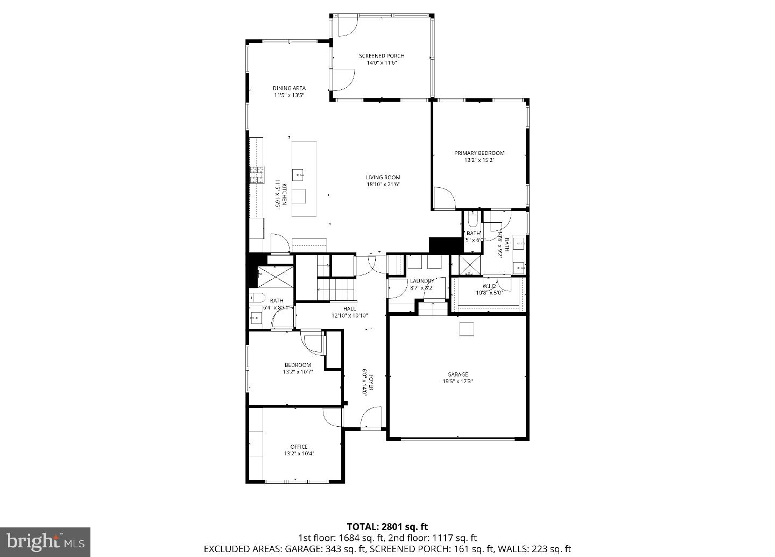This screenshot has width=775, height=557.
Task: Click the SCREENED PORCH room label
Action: point(382,56)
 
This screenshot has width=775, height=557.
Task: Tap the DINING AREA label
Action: point(289,88)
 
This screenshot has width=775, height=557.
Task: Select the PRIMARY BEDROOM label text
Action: point(479,153)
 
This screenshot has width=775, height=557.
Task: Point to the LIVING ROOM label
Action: point(383,178)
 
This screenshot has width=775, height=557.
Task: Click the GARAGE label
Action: point(457,375)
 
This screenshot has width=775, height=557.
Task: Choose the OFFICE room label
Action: point(299,447)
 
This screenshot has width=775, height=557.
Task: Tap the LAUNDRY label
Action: point(422,281)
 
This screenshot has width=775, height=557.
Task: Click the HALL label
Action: point(349,308)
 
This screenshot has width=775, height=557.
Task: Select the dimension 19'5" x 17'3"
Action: point(457,382)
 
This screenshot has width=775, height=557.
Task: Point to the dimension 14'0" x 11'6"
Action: point(382,63)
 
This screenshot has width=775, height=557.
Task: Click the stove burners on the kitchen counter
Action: point(257,175)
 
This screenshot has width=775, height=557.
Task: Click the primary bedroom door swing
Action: point(444,199)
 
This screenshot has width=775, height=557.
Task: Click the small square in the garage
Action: point(467,329)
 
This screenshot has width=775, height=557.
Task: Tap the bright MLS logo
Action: point(45,540)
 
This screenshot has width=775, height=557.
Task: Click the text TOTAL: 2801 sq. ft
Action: point(387,526)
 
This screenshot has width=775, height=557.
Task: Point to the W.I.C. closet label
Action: point(489,286)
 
